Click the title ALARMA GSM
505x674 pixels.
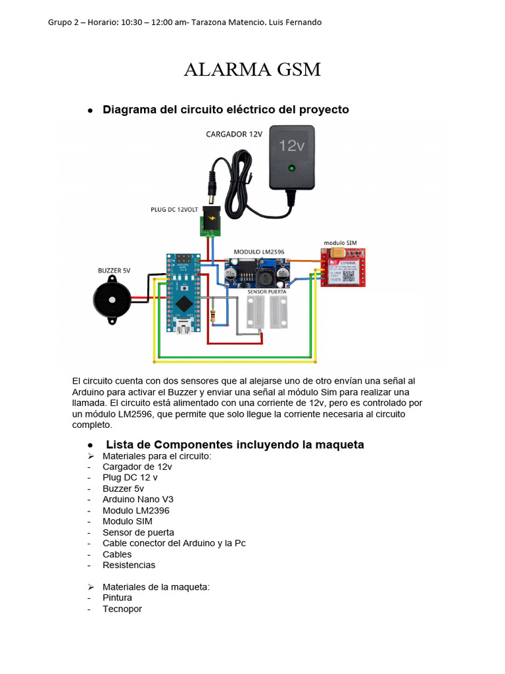pyautogui.click(x=252, y=69)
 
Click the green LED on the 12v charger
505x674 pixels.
pyautogui.click(x=291, y=168)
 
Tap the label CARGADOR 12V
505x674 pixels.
pyautogui.click(x=233, y=134)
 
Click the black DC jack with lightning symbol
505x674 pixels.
pyautogui.click(x=211, y=220)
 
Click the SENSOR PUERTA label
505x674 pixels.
pyautogui.click(x=268, y=290)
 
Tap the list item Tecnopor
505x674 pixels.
pyautogui.click(x=122, y=609)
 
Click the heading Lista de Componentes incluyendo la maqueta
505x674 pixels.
pyautogui.click(x=235, y=445)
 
